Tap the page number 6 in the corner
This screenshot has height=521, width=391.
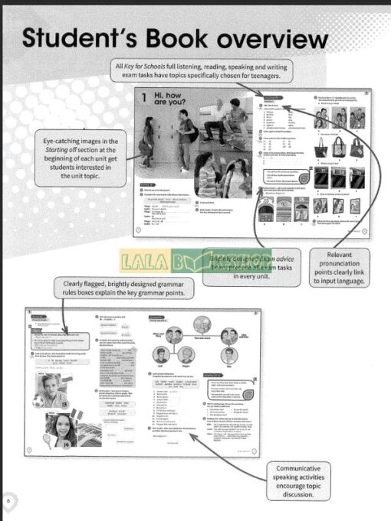[8, 500]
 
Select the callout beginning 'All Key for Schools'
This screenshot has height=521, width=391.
[202, 72]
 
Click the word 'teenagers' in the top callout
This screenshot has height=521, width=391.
[266, 77]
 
